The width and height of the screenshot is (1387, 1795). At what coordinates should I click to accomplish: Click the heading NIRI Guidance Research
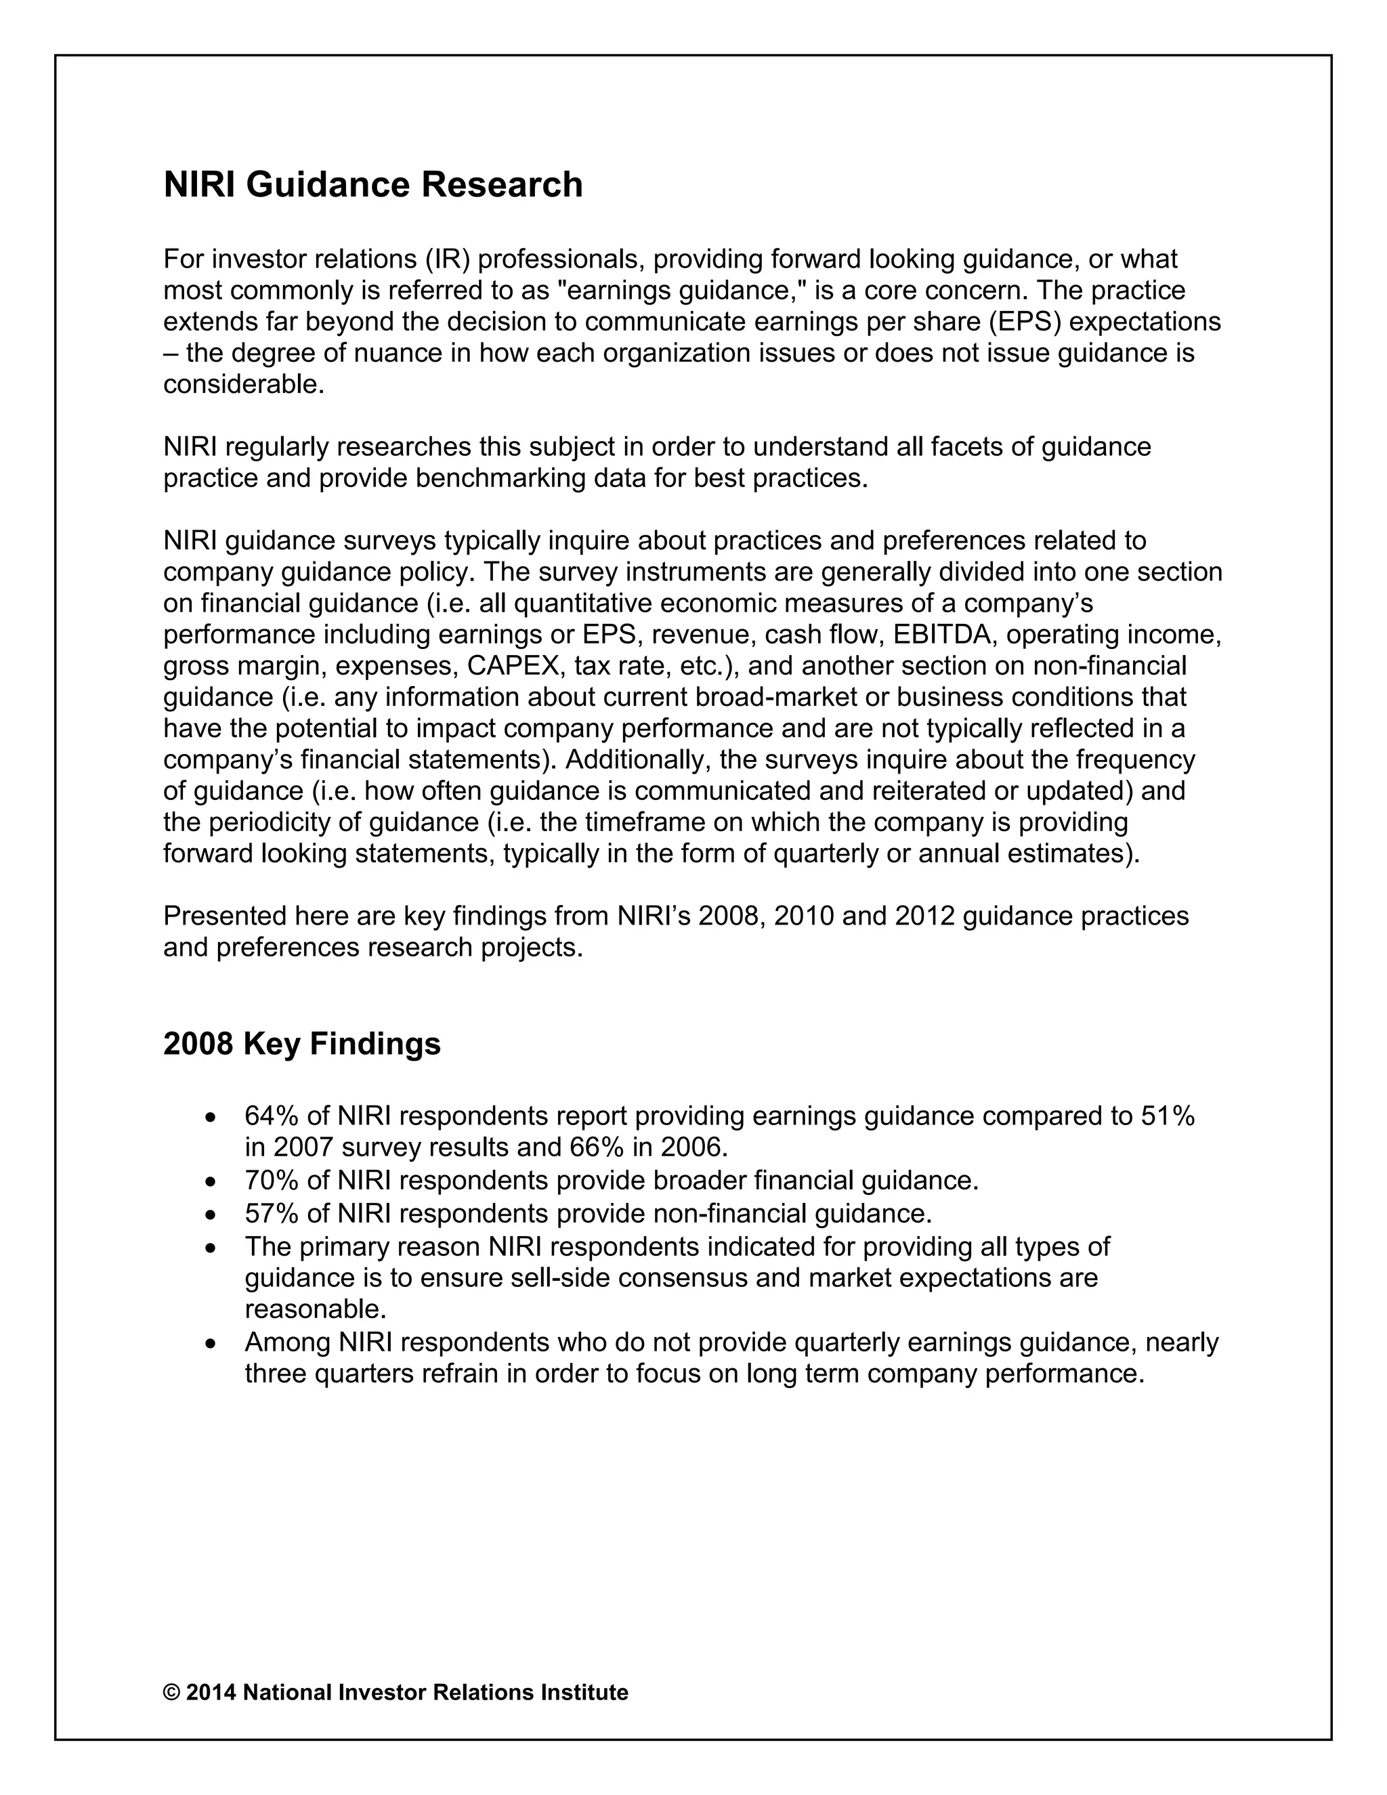(373, 185)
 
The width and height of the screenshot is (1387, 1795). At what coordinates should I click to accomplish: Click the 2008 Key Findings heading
(301, 1044)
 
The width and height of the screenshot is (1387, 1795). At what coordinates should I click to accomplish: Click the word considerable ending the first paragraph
(243, 384)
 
